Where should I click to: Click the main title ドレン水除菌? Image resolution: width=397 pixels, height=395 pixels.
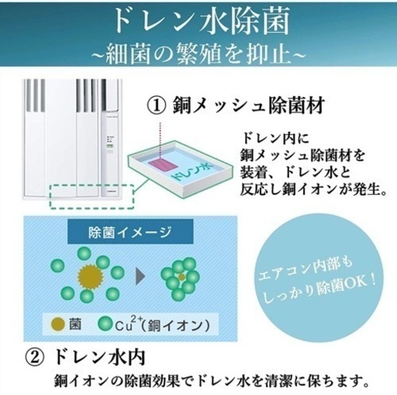coord(202,21)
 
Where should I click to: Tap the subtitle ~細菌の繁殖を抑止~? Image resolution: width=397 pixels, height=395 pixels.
coord(198,54)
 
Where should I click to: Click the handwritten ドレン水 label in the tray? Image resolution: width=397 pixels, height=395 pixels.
coord(192,172)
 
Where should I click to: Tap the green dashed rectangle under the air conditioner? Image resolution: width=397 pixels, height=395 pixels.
coord(91,196)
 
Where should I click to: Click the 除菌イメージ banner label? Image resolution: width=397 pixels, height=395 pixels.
coord(130,232)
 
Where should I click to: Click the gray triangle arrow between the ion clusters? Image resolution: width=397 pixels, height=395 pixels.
coord(140,276)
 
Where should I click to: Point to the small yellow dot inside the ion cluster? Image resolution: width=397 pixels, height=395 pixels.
coord(181,277)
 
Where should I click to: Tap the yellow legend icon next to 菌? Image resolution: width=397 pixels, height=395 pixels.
coord(58,324)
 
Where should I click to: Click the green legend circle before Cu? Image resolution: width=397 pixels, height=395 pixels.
coord(105,324)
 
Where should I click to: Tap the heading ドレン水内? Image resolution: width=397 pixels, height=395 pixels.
coord(99,358)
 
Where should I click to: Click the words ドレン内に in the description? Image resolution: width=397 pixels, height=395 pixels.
coord(274,138)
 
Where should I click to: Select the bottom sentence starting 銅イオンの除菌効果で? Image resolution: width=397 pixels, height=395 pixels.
coord(211,380)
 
